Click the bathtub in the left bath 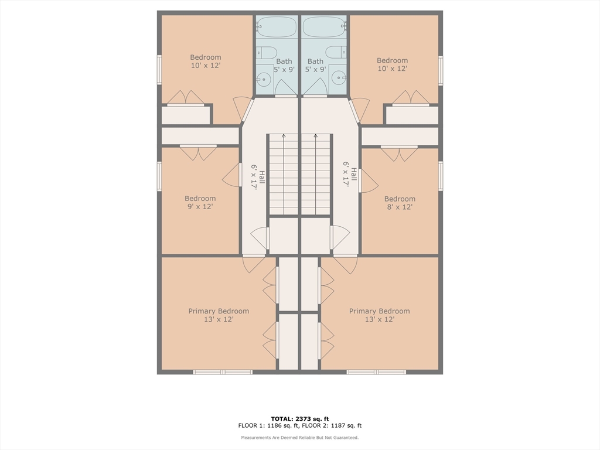(277, 27)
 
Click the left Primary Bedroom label (219, 315)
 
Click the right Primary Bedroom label (379, 315)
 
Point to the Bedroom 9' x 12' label (200, 202)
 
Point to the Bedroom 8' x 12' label (400, 203)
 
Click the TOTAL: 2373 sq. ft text (299, 418)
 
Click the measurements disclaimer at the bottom (299, 437)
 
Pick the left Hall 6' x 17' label (257, 177)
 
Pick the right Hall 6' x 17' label (350, 173)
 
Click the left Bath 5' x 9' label (284, 66)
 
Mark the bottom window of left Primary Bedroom (222, 372)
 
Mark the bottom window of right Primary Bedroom (376, 372)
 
